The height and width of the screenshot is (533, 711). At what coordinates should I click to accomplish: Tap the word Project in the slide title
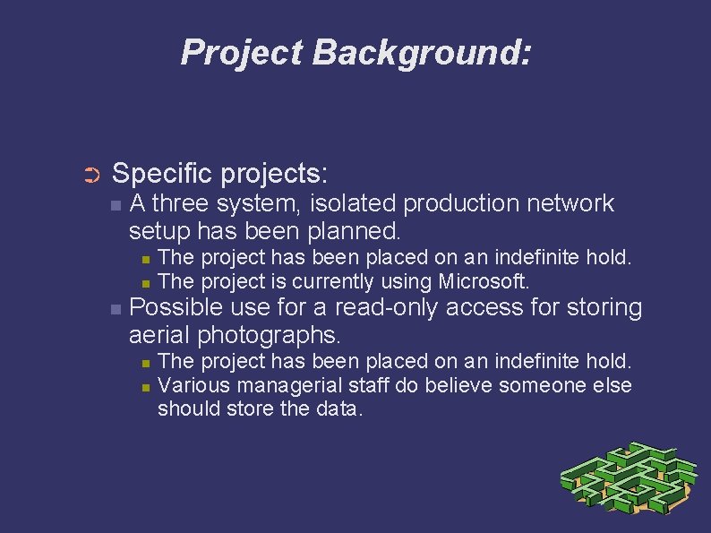tap(242, 53)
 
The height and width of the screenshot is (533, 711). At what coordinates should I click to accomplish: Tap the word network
tap(571, 203)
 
